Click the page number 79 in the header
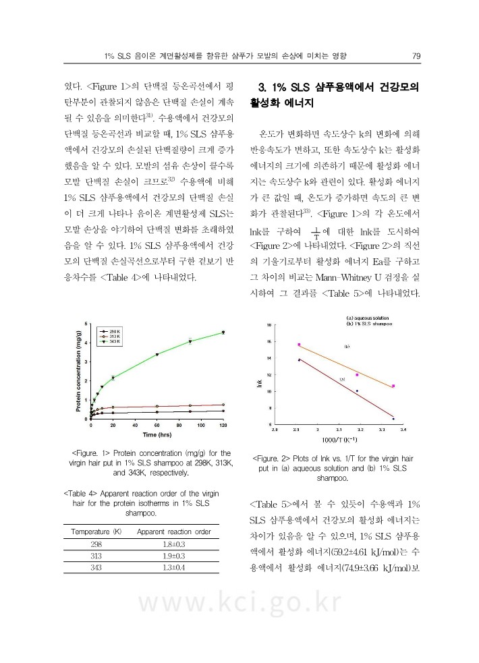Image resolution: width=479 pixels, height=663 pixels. pyautogui.click(x=416, y=55)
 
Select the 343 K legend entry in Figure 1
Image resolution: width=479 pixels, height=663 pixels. pyautogui.click(x=112, y=342)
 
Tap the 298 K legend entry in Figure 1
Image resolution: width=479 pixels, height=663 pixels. pyautogui.click(x=112, y=332)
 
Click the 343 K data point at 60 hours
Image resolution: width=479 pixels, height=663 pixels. pyautogui.click(x=157, y=354)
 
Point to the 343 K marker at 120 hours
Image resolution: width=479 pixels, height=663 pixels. pyautogui.click(x=223, y=332)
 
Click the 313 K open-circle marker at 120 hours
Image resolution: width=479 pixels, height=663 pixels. pyautogui.click(x=223, y=405)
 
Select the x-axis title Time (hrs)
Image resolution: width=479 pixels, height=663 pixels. pyautogui.click(x=156, y=435)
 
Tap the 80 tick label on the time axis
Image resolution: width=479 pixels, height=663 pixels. pyautogui.click(x=179, y=426)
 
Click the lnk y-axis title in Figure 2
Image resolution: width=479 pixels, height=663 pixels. pyautogui.click(x=259, y=384)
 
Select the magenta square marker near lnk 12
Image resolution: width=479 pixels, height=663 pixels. pyautogui.click(x=357, y=374)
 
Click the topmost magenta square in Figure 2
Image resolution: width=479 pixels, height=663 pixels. pyautogui.click(x=299, y=345)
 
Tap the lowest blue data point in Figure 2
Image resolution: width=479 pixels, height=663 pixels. pyautogui.click(x=393, y=419)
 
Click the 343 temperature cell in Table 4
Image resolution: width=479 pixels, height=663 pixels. pyautogui.click(x=92, y=569)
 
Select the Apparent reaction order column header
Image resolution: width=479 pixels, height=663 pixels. pyautogui.click(x=174, y=531)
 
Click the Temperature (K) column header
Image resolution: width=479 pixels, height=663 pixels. pyautogui.click(x=92, y=531)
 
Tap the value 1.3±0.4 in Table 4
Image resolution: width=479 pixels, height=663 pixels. pyautogui.click(x=174, y=569)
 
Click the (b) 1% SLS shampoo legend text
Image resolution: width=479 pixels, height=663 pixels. pyautogui.click(x=370, y=324)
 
